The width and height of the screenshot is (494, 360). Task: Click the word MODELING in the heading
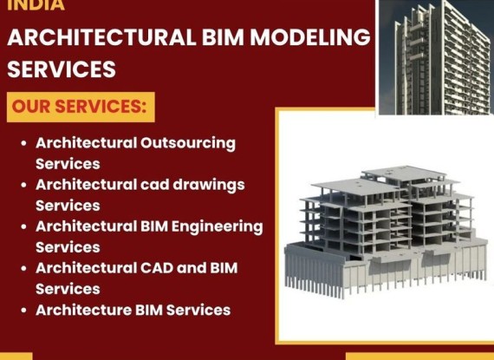(x=310, y=36)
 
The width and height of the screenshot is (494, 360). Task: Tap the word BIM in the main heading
(x=223, y=36)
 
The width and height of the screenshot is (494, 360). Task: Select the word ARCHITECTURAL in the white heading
(x=101, y=36)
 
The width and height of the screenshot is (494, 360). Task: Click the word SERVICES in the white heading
(x=62, y=69)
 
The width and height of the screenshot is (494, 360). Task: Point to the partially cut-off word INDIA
(x=36, y=4)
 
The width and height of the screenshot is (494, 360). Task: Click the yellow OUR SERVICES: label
(x=81, y=107)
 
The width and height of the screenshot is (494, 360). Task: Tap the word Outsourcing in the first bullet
(x=188, y=144)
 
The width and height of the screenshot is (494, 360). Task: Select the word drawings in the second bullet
(x=209, y=186)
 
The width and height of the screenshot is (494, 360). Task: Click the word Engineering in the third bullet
(x=217, y=227)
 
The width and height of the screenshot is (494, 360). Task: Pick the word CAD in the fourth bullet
(x=157, y=268)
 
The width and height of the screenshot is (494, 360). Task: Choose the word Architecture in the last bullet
(x=83, y=310)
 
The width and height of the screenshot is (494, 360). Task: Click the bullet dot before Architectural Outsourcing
(x=23, y=143)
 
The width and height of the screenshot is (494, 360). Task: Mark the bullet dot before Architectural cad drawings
(x=23, y=185)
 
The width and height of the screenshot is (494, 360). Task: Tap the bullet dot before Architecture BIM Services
(x=23, y=311)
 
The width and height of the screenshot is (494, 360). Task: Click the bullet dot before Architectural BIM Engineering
(x=23, y=226)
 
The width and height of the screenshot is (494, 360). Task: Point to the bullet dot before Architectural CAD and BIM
(x=23, y=269)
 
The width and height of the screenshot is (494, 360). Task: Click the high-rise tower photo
(x=436, y=57)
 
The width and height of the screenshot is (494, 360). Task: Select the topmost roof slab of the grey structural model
(x=404, y=173)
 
